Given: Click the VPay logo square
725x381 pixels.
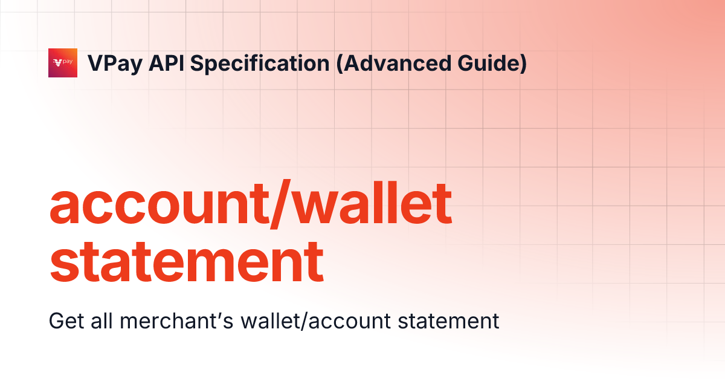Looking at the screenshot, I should (63, 63).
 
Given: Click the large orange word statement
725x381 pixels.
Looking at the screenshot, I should (186, 261).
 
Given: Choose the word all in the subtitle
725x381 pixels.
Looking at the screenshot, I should (101, 321).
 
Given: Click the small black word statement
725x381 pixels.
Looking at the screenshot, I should (449, 321).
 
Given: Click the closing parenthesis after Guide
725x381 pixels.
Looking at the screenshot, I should (522, 63).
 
